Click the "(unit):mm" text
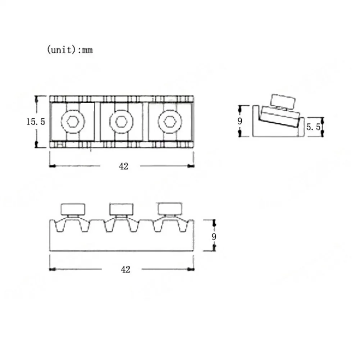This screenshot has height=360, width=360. [70, 50]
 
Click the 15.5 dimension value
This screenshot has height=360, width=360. [35, 122]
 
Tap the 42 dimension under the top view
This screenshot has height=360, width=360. [123, 166]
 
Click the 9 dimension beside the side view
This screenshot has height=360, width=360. [240, 121]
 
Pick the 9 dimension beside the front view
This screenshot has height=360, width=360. [214, 236]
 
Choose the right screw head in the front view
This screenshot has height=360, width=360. [170, 209]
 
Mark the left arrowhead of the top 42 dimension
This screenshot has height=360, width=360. [52, 166]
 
